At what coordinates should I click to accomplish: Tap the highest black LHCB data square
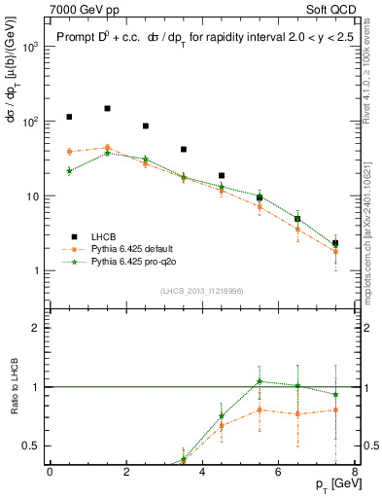click(107, 109)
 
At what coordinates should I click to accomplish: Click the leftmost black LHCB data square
click(69, 117)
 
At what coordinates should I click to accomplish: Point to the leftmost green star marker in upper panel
click(69, 170)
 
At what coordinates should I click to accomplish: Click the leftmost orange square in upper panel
click(69, 152)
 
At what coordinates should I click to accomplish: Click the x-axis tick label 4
click(202, 472)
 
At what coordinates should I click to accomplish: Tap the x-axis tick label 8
click(355, 472)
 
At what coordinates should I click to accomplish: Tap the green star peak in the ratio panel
click(260, 381)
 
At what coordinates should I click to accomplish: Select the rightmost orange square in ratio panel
click(335, 409)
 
